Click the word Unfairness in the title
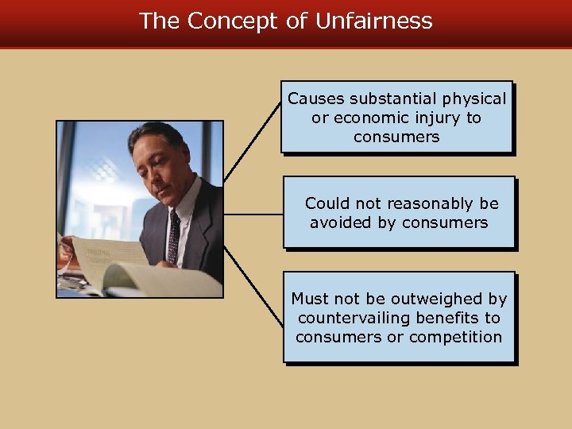pos(373,21)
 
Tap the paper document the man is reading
pos(111,258)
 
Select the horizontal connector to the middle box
pos(253,214)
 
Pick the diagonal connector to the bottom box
pos(253,286)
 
